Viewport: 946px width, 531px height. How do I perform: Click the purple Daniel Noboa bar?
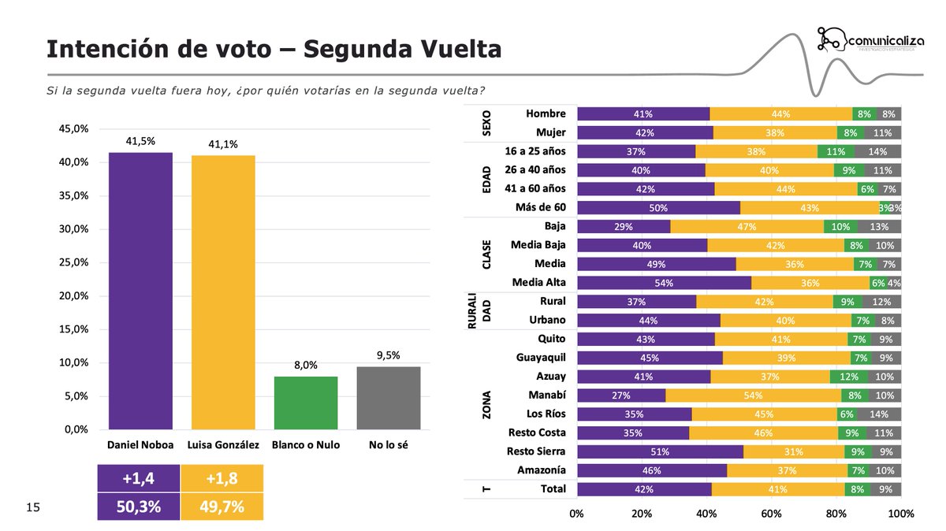140,291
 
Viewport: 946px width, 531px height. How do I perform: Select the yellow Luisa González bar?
223,292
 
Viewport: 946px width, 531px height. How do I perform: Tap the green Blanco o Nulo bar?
306,403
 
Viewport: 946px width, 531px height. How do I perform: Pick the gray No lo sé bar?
389,398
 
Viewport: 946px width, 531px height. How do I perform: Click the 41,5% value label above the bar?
140,141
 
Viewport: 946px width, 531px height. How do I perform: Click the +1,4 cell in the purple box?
138,478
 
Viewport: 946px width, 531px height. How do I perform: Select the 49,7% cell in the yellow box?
222,506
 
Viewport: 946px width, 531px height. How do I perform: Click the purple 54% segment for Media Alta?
664,283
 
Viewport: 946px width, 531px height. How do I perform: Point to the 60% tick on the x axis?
771,514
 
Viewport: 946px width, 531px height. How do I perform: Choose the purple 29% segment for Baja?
623,227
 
